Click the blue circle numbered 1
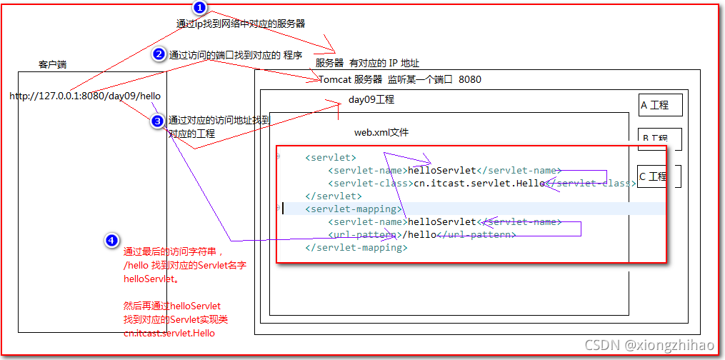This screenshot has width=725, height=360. pyautogui.click(x=200, y=8)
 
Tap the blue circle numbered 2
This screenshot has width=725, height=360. pyautogui.click(x=160, y=54)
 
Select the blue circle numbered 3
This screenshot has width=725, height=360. pyautogui.click(x=158, y=121)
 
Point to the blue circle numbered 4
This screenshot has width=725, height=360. pyautogui.click(x=111, y=241)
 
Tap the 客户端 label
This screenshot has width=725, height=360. pyautogui.click(x=52, y=64)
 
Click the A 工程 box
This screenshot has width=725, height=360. pyautogui.click(x=655, y=105)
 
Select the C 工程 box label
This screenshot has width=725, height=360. pyautogui.click(x=653, y=176)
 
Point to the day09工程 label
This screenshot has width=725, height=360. pyautogui.click(x=371, y=99)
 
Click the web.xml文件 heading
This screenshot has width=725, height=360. pyautogui.click(x=381, y=132)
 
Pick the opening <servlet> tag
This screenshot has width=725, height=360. pyautogui.click(x=330, y=157)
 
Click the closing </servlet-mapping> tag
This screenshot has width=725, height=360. pyautogui.click(x=356, y=248)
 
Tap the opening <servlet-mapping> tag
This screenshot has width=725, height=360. pyautogui.click(x=353, y=209)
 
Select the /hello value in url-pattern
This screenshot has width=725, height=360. pyautogui.click(x=419, y=235)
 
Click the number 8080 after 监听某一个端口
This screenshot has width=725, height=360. pyautogui.click(x=469, y=79)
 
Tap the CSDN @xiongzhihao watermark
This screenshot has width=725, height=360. pyautogui.click(x=649, y=346)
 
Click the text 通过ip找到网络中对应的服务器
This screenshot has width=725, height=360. pyautogui.click(x=241, y=24)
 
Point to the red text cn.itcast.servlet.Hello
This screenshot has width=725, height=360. pyautogui.click(x=169, y=333)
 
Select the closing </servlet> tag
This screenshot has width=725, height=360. pyautogui.click(x=333, y=196)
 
